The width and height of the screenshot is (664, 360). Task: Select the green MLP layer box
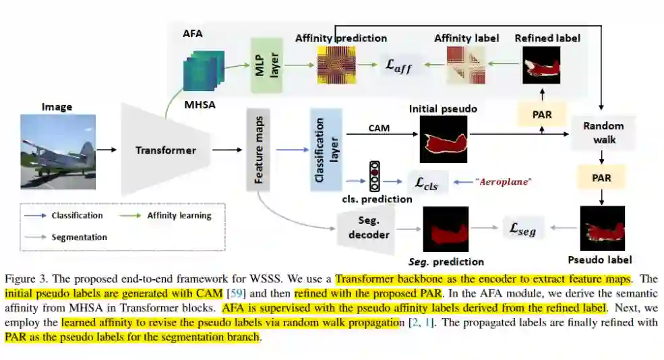(x=264, y=65)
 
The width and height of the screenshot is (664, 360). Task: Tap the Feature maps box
(x=259, y=149)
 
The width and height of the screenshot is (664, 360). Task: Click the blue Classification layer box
(x=326, y=150)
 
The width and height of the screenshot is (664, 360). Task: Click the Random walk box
(x=603, y=133)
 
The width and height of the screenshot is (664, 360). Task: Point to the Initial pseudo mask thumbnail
(x=443, y=139)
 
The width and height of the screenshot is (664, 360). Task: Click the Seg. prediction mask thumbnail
(x=446, y=229)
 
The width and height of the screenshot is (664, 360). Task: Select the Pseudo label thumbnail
(x=602, y=229)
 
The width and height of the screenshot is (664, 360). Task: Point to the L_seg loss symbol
(x=522, y=229)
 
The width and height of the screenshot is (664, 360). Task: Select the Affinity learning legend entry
(x=179, y=216)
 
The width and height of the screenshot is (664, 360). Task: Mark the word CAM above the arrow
(x=380, y=127)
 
